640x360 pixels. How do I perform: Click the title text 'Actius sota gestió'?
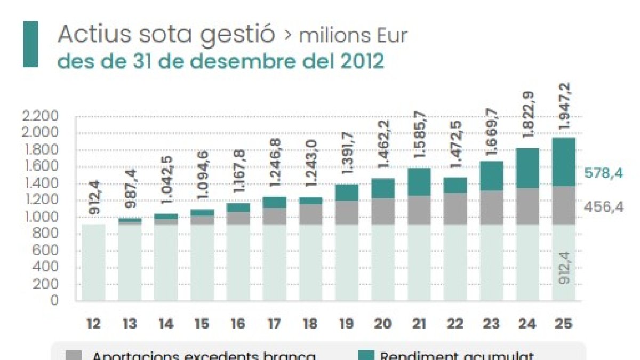click(x=166, y=35)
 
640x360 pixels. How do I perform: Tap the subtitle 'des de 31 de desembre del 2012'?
click(x=220, y=61)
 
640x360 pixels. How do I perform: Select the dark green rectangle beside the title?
click(x=30, y=44)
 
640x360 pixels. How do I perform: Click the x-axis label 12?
click(x=93, y=323)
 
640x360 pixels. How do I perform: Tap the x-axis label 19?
click(x=347, y=323)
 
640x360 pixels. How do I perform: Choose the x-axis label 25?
click(x=564, y=323)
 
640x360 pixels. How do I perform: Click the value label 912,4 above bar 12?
click(x=94, y=198)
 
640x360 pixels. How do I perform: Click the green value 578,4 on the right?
click(x=603, y=173)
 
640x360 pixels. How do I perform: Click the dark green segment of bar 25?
click(x=564, y=162)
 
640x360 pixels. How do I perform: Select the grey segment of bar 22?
click(x=455, y=209)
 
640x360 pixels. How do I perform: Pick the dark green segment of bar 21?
click(x=419, y=182)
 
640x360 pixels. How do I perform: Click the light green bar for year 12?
click(x=93, y=262)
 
